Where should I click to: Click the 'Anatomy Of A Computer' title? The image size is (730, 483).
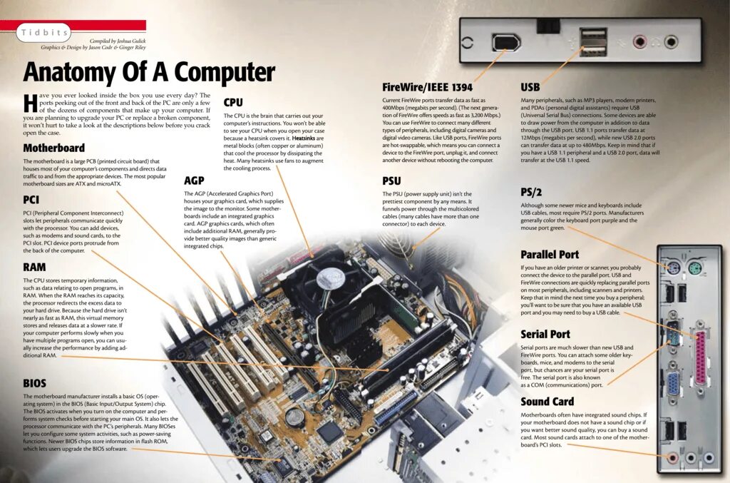click(149, 72)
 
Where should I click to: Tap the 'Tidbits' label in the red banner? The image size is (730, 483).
click(45, 33)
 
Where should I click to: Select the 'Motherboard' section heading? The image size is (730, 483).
click(54, 148)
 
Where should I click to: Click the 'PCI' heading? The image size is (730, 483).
click(31, 200)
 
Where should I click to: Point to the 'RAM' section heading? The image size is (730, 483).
click(34, 268)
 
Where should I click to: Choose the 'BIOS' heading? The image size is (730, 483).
click(34, 383)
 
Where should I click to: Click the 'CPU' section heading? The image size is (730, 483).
click(233, 103)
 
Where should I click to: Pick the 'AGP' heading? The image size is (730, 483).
click(194, 181)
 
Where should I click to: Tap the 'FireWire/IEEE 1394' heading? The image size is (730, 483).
click(427, 87)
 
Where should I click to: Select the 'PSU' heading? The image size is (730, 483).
click(391, 181)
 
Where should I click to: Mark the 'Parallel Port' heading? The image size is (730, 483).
click(550, 255)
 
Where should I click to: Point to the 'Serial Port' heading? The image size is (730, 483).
click(545, 334)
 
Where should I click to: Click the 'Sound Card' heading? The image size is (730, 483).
click(547, 402)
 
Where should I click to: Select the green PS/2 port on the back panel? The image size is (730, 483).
click(695, 270)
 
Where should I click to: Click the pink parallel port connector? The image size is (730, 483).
click(701, 354)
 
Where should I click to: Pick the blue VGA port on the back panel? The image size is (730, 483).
click(672, 383)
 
